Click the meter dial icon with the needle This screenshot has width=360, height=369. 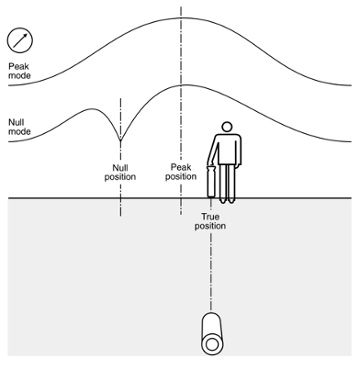click(x=19, y=40)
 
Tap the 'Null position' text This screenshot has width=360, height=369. click(x=120, y=172)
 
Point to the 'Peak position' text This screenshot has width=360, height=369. click(x=181, y=172)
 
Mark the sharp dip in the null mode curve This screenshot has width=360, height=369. click(x=120, y=139)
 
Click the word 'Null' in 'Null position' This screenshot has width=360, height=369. click(x=120, y=166)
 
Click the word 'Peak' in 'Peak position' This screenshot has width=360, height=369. click(x=181, y=166)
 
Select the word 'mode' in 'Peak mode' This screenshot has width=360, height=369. click(x=18, y=77)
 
